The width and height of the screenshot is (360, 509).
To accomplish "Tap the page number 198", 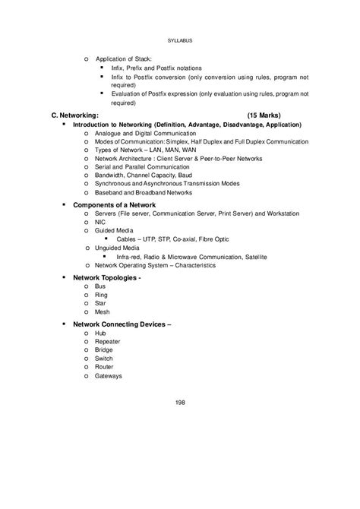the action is pyautogui.click(x=179, y=403).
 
